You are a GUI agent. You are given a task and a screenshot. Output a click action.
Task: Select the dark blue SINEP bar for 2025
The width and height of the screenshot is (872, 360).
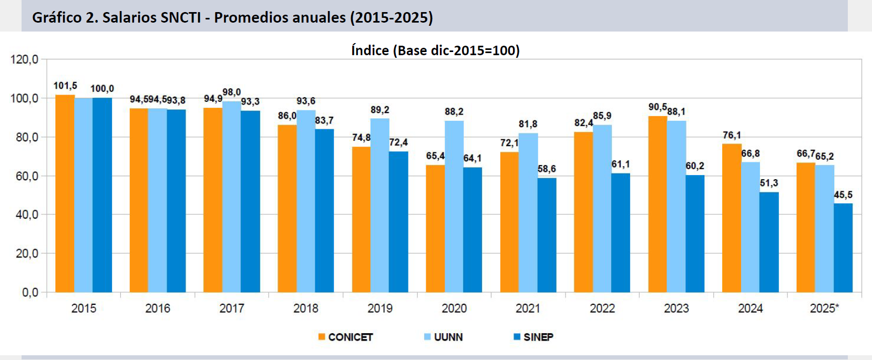843,248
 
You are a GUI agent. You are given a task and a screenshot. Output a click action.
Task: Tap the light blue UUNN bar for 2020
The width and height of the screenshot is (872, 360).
454,207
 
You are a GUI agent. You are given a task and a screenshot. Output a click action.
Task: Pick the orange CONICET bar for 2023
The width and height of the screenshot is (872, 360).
658,204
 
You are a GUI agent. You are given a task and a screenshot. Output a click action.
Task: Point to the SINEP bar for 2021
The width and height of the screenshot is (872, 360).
547,235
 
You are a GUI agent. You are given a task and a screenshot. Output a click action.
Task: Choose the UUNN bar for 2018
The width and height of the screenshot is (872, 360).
306,201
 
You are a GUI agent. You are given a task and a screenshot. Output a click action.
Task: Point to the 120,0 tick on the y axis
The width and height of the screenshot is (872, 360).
25,59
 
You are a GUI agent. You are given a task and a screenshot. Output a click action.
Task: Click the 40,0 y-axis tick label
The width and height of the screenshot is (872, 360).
27,214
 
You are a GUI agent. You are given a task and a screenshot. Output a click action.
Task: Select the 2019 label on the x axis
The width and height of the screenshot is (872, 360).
380,308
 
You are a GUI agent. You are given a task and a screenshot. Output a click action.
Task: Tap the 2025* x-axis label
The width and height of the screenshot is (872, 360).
824,308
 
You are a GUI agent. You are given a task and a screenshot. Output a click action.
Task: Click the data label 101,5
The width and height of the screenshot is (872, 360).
65,86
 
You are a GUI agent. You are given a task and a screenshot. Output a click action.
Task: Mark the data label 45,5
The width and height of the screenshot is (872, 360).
843,195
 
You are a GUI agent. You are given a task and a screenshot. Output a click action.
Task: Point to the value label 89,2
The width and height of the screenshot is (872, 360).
380,110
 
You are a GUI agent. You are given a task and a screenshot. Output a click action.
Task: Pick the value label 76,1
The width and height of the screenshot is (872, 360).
732,135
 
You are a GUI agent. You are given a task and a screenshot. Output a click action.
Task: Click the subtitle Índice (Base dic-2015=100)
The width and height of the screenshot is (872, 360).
435,50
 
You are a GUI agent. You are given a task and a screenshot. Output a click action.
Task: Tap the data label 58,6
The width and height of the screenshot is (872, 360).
547,169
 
